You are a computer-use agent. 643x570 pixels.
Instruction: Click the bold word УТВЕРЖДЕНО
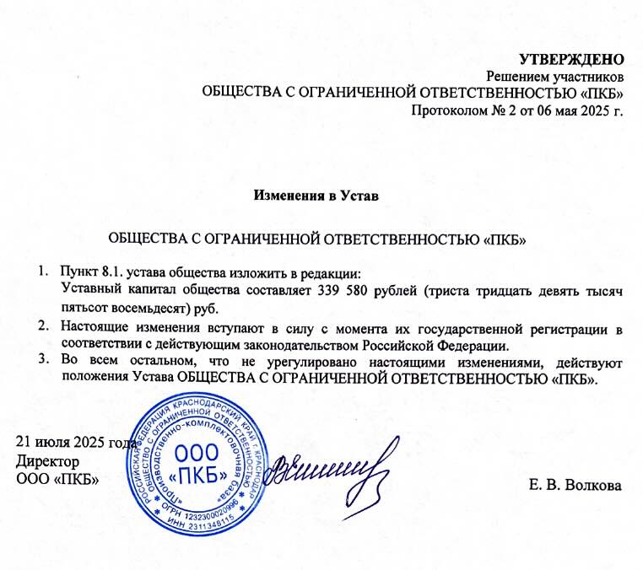570,59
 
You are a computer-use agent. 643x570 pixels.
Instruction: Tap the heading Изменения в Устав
316,196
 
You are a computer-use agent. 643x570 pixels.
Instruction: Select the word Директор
48,461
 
